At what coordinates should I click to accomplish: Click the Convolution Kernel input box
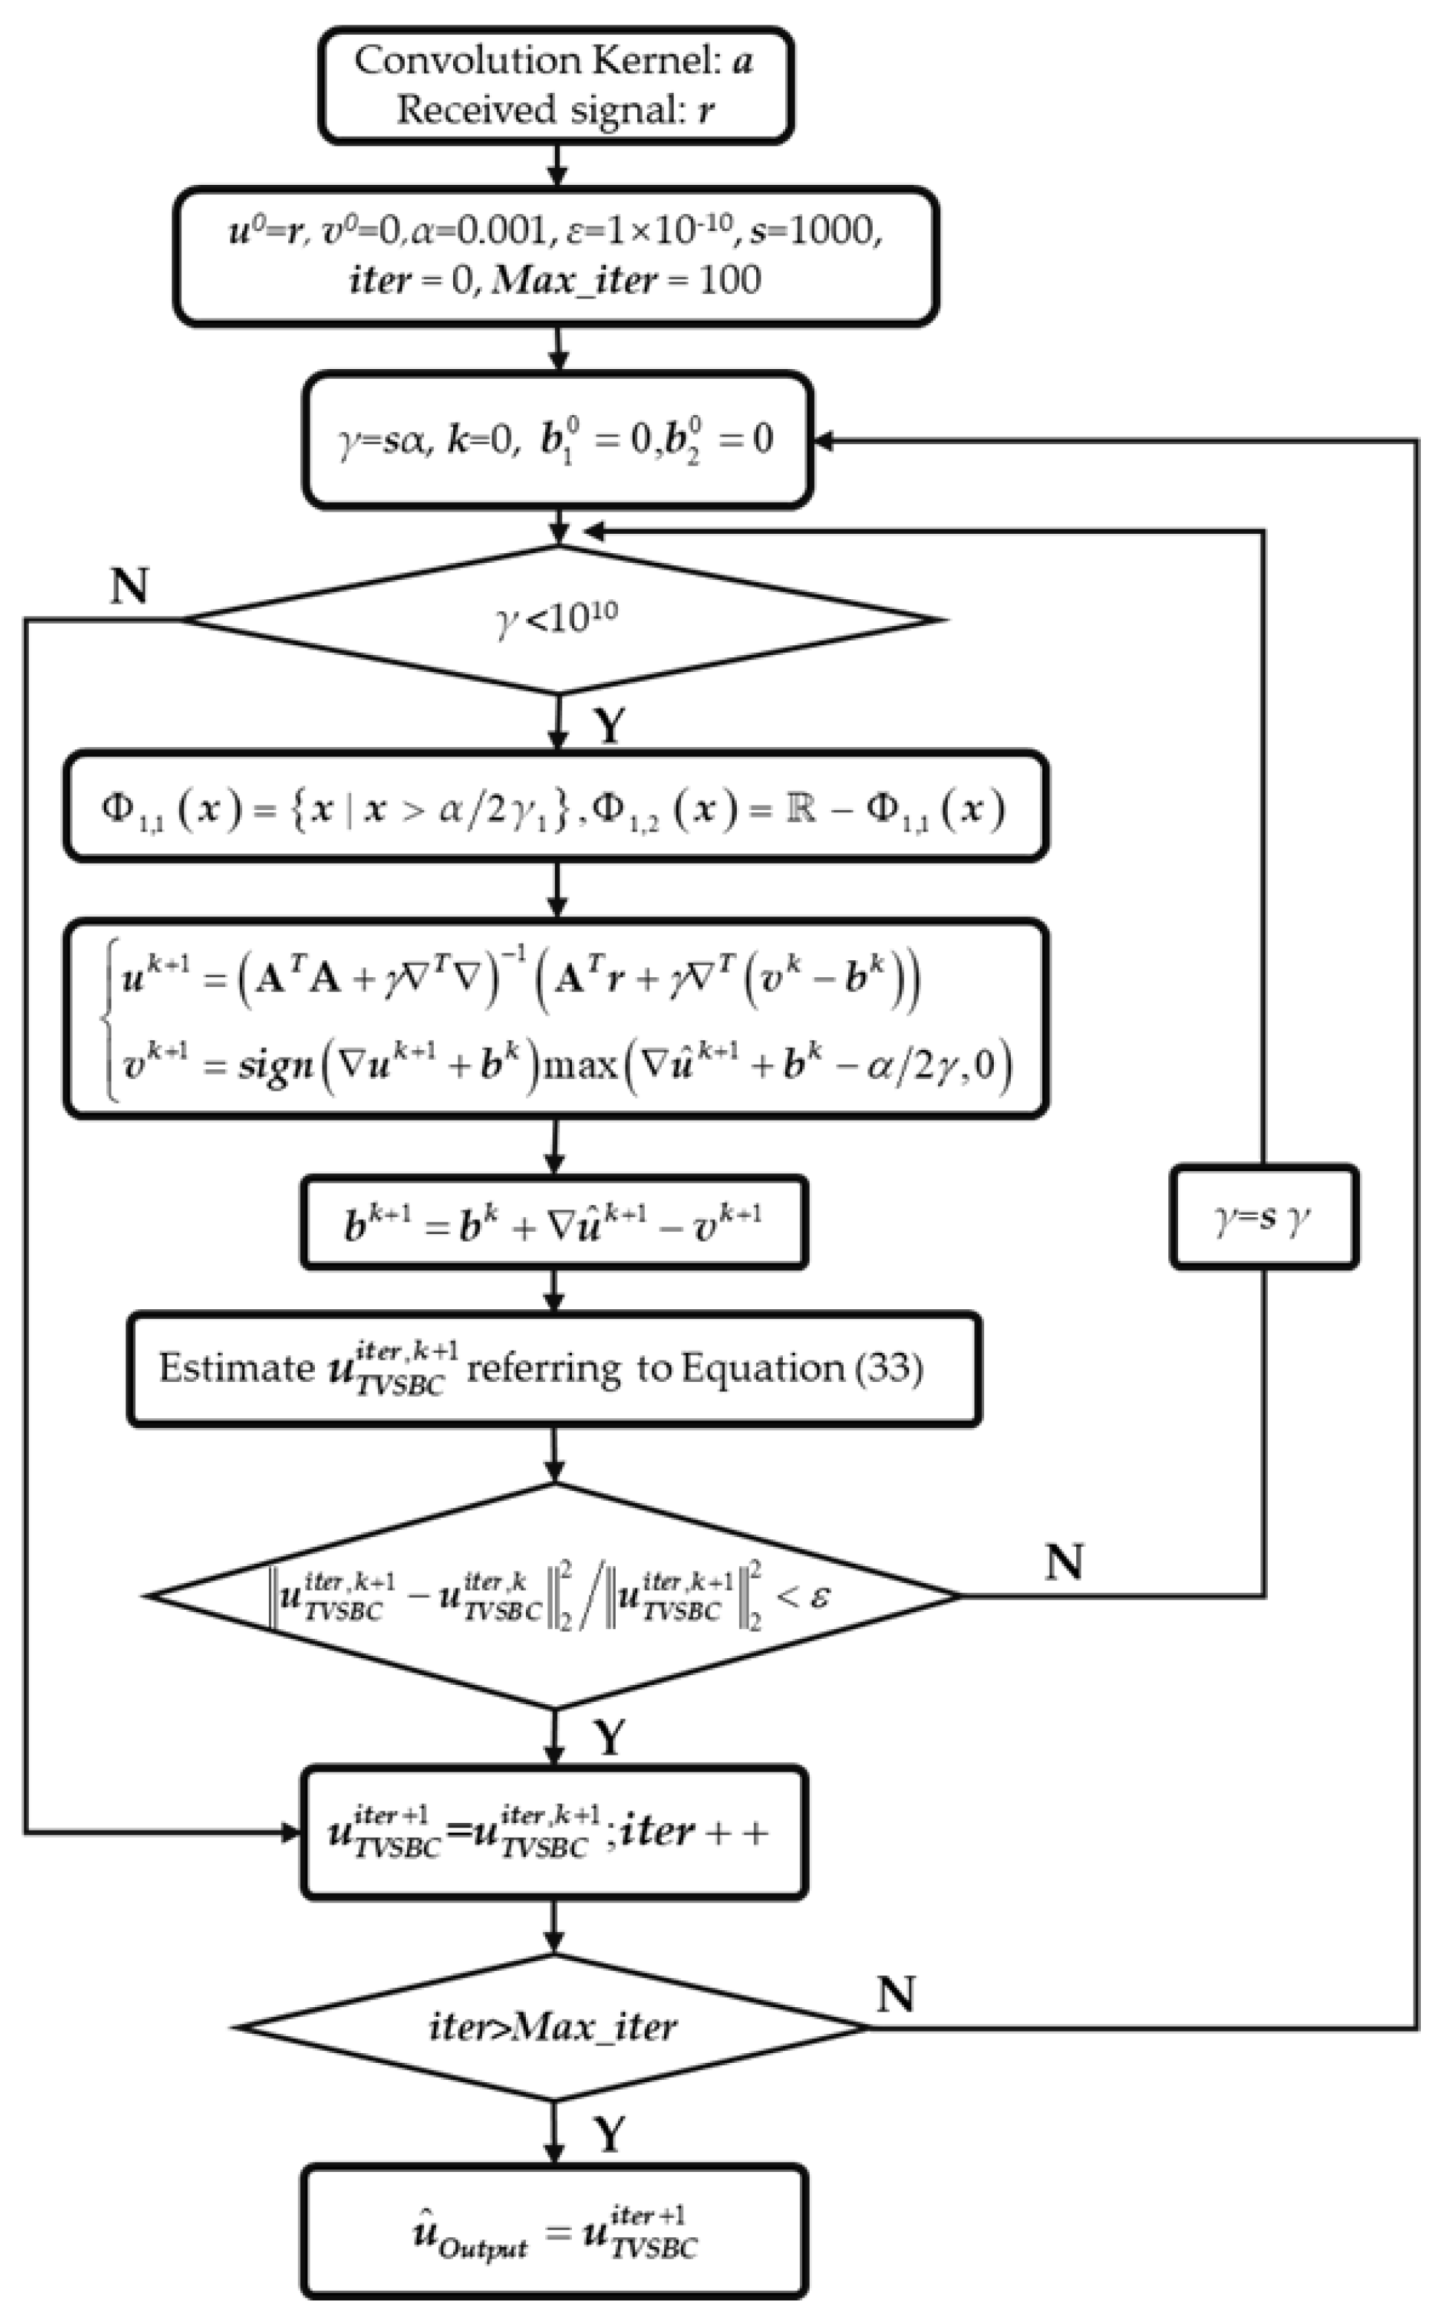556,85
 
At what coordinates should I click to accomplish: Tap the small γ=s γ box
1264,1217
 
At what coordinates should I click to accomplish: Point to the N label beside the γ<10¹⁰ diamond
130,587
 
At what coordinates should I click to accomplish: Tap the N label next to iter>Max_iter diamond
895,1995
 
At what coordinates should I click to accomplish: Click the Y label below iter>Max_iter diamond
611,2135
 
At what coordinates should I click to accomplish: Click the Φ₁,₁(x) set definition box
556,809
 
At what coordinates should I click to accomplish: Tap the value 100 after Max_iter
729,281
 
